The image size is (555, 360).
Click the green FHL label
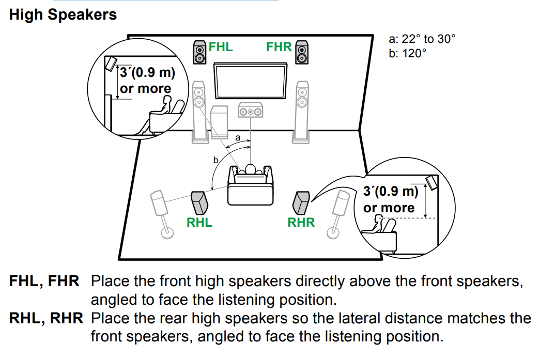221,47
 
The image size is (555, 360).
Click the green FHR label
279,47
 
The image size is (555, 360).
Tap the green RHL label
199,223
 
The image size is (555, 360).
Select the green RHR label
301,223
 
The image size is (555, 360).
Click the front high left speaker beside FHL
200,52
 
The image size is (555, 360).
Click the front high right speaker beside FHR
301,52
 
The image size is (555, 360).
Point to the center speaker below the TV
250,111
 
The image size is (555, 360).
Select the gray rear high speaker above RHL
201,202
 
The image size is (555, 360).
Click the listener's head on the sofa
251,169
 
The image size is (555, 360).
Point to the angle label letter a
238,138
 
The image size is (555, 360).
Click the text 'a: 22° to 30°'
422,39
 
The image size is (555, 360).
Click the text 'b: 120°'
408,53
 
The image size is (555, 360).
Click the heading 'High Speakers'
63,14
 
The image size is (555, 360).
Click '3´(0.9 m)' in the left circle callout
147,73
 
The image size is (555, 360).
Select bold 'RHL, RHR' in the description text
46,318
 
